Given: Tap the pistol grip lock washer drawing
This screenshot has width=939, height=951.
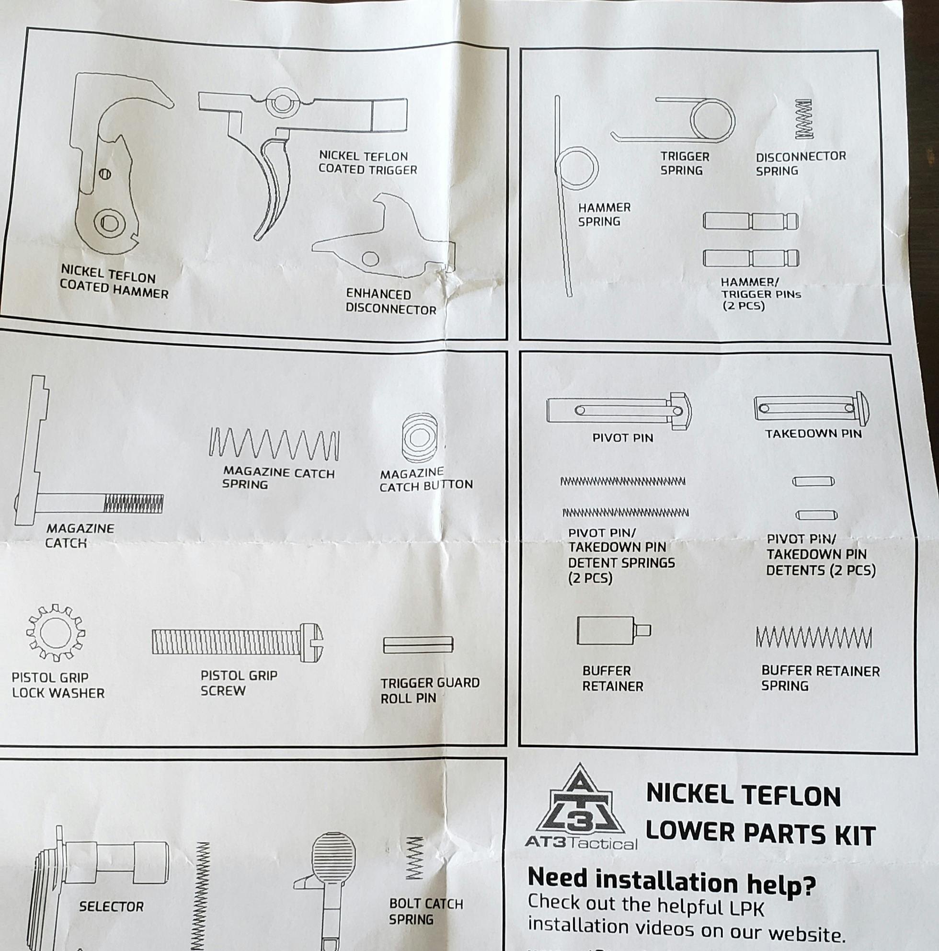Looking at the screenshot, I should click(55, 633).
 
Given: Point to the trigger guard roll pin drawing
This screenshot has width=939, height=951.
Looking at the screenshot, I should click(418, 645).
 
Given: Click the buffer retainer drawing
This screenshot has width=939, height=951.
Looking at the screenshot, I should click(613, 630).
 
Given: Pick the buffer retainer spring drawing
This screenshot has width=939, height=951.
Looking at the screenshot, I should click(813, 638).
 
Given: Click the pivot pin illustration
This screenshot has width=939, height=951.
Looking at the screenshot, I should click(618, 411).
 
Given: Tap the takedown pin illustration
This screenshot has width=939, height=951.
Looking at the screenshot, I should click(811, 408).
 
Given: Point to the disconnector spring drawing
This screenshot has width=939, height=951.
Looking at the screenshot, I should click(805, 120).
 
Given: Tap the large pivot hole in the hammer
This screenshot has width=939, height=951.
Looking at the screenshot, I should click(109, 223).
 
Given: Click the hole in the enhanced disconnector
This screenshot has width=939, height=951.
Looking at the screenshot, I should click(371, 258).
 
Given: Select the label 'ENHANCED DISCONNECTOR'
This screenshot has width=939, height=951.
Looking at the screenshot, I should click(390, 302).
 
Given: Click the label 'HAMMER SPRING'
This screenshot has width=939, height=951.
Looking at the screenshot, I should click(604, 215).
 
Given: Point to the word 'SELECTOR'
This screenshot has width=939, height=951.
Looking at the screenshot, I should click(111, 906).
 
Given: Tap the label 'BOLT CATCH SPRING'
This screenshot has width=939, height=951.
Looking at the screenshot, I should click(426, 911).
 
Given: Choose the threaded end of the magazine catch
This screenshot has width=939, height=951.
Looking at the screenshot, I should click(133, 503).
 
